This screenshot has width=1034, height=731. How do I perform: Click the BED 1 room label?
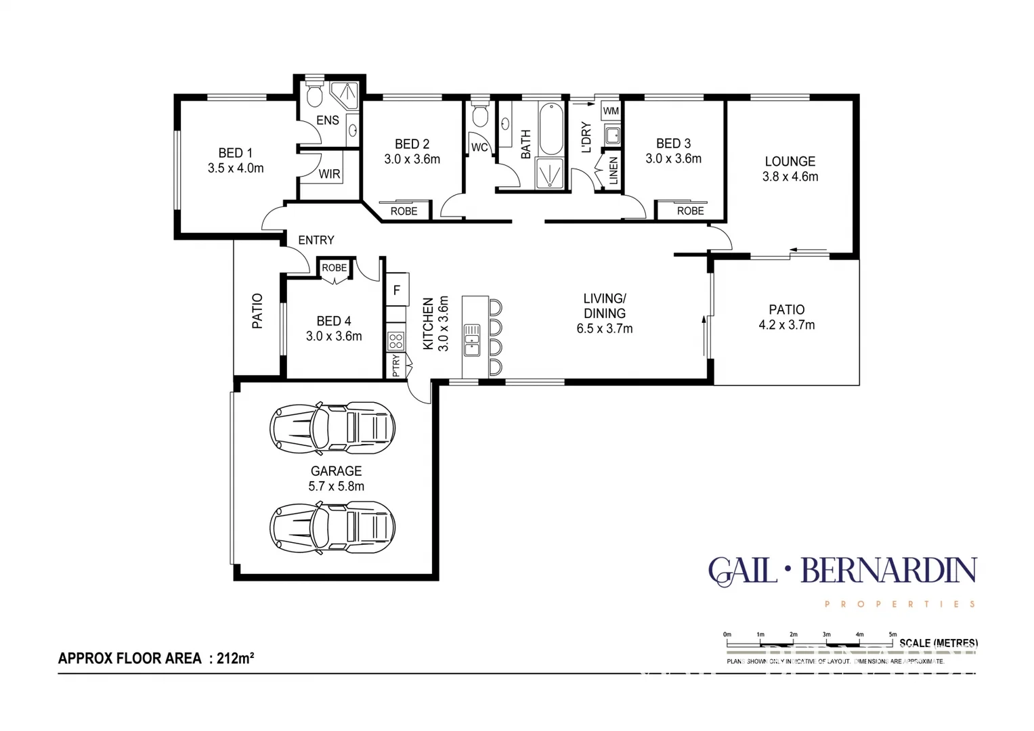[x=235, y=153]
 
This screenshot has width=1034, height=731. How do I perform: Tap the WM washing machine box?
[x=611, y=111]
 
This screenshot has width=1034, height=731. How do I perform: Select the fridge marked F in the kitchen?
[x=397, y=290]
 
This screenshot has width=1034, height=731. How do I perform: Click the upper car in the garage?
[x=332, y=428]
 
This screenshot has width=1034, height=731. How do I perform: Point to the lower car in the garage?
[x=332, y=527]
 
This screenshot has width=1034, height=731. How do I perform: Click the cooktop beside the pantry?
[x=396, y=341]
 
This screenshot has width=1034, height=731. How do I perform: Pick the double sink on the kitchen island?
[x=472, y=340]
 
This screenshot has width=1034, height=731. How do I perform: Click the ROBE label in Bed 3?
[x=690, y=211]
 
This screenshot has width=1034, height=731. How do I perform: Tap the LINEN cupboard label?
[x=613, y=171]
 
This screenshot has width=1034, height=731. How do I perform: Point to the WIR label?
[x=330, y=174]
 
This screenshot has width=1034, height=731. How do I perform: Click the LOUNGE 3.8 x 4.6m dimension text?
[x=790, y=177]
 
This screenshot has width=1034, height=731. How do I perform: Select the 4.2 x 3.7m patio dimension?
[x=786, y=325]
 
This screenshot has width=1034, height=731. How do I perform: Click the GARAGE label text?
[x=336, y=471]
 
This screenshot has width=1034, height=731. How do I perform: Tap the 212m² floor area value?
[x=235, y=658]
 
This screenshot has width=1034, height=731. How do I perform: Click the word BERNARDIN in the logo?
[x=888, y=572]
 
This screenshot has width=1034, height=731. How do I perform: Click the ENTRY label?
[x=316, y=240]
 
